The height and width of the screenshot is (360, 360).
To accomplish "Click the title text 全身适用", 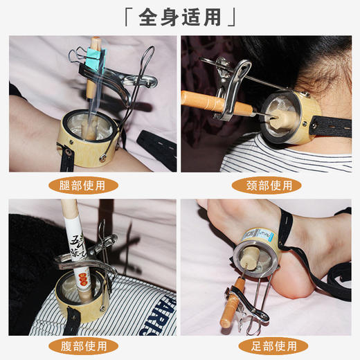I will [180, 17].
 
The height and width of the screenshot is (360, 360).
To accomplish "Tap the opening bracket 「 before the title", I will [127, 14].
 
